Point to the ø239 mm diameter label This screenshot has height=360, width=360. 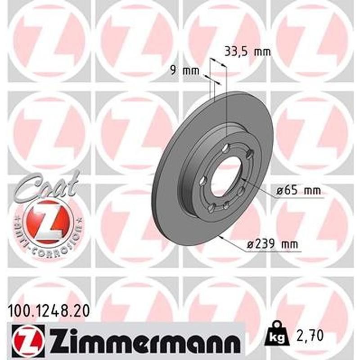tap(273, 245)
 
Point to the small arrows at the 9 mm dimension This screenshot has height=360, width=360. tap(212, 81)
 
